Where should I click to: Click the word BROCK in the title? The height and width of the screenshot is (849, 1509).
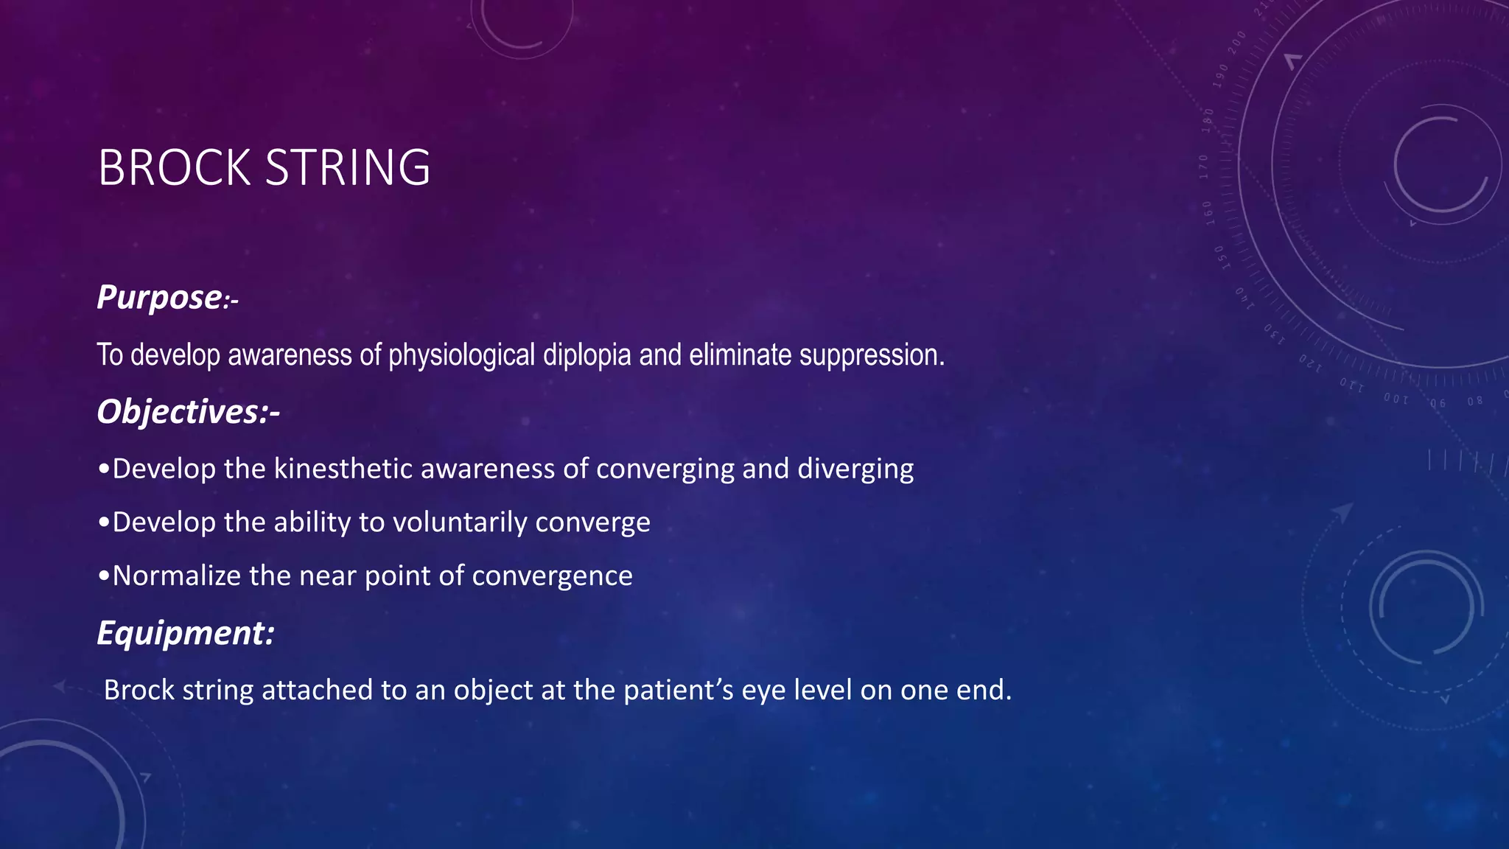coord(174,168)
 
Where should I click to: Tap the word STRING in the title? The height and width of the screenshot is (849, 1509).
coord(347,168)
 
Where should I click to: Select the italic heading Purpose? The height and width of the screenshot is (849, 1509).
coord(159,298)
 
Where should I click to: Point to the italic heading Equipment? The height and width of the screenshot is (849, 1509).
coord(184,633)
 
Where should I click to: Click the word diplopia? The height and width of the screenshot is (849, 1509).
coord(587,355)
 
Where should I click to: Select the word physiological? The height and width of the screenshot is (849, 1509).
coord(461,355)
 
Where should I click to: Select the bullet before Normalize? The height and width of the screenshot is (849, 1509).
coord(104,576)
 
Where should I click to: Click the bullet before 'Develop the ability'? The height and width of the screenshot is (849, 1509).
coord(104,523)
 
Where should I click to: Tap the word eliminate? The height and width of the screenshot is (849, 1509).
coord(741,355)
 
